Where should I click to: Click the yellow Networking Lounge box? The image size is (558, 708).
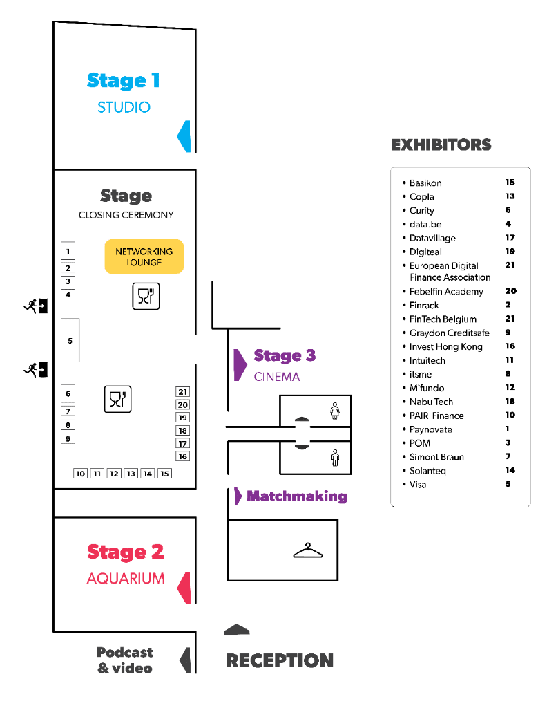[x=144, y=257]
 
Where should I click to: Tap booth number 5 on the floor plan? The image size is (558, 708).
[x=70, y=340]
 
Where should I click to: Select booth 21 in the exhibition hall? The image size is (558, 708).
[x=182, y=392]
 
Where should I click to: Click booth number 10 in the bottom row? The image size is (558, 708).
[x=81, y=474]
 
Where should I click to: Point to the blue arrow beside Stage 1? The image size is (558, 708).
[x=184, y=136]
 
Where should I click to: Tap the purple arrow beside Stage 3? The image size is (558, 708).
[x=239, y=364]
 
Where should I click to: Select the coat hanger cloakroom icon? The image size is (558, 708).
[x=308, y=550]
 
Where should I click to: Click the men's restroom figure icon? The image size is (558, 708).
[x=335, y=457]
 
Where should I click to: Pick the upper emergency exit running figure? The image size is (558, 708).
[x=30, y=304]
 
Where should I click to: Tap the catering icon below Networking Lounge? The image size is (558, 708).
[x=146, y=296]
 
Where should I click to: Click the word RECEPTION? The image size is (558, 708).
[x=280, y=660]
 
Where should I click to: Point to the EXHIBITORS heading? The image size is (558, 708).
[x=441, y=145]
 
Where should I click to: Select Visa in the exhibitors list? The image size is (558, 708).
[x=418, y=485]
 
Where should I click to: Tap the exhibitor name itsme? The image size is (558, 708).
[x=420, y=374]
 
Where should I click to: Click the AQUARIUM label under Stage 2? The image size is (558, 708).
[x=125, y=578]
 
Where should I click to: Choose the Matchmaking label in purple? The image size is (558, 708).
[x=296, y=496]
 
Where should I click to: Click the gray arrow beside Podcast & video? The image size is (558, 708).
[x=184, y=660]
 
